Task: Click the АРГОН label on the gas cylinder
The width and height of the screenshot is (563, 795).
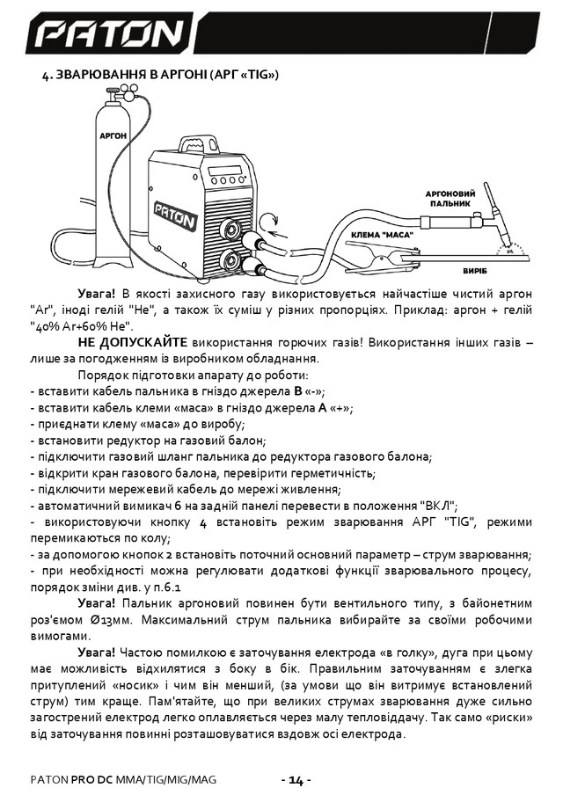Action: (x=113, y=136)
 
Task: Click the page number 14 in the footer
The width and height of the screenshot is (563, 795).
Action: (x=296, y=779)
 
